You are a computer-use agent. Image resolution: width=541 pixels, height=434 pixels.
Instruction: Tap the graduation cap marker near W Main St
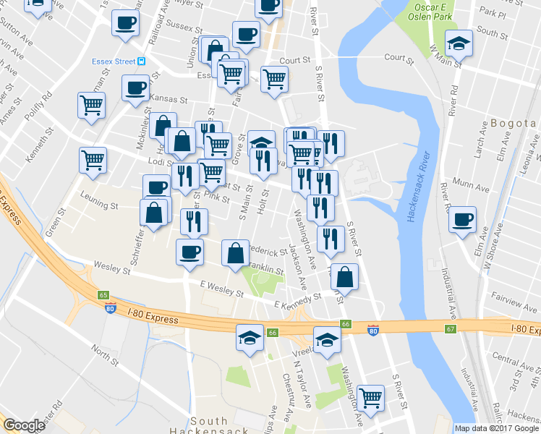(458, 43)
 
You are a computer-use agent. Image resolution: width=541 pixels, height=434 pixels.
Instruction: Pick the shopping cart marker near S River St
(370, 396)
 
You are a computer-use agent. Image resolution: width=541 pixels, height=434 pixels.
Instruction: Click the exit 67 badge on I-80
(451, 329)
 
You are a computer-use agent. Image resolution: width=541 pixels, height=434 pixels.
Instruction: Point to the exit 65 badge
(104, 295)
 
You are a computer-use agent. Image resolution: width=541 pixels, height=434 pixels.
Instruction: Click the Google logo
(24, 425)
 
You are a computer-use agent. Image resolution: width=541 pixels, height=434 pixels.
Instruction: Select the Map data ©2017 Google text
(496, 428)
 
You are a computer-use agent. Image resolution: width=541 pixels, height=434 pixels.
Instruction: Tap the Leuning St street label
(99, 206)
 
